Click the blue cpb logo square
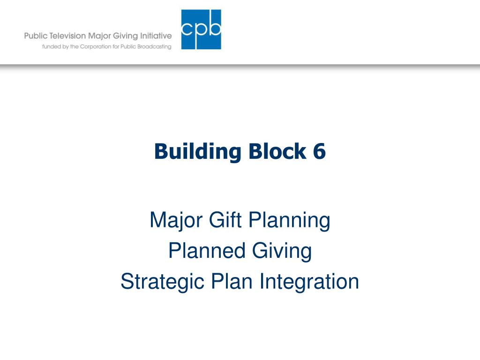(201, 30)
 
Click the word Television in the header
(67, 36)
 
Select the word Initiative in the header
(156, 36)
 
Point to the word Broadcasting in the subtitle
(154, 46)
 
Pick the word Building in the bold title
(198, 151)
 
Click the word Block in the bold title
(277, 151)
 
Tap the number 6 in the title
(319, 151)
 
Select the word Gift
(225, 220)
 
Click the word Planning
(289, 221)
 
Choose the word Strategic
(163, 282)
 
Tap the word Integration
(309, 282)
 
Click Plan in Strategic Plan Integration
(232, 281)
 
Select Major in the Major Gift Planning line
(176, 221)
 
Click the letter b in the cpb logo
(214, 28)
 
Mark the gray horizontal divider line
(240, 66)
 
